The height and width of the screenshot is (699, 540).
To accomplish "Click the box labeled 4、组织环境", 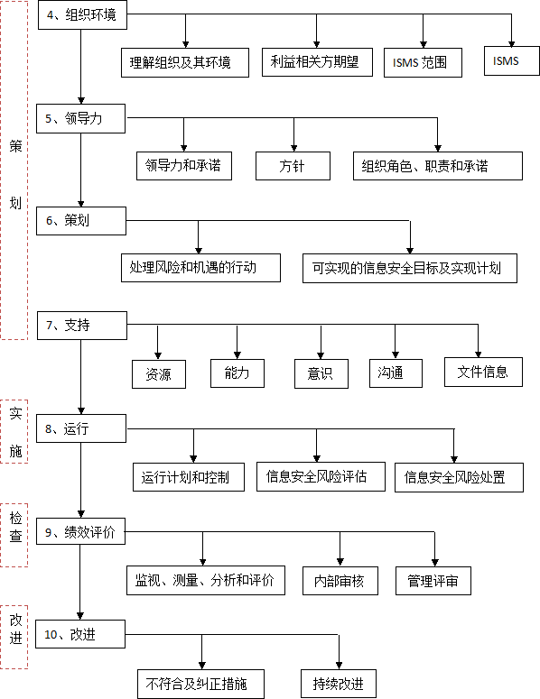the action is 82,15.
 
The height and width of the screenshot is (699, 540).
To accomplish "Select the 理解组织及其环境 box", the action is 185,63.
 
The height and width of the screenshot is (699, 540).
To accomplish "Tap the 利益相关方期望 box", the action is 317,62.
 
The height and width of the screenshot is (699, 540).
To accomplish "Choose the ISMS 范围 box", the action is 423,63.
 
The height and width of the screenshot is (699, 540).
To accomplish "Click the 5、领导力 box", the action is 80,118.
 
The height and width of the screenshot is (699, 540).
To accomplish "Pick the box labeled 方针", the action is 293,166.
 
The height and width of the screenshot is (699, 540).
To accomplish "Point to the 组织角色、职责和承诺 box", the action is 438,166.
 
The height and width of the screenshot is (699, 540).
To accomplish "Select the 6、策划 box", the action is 81,221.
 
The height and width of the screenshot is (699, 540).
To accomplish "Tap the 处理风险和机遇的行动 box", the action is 200,268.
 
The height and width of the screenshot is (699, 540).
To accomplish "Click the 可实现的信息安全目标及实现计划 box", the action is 410,269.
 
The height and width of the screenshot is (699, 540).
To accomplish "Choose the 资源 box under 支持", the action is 159,374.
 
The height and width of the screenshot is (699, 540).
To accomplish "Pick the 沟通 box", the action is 396,373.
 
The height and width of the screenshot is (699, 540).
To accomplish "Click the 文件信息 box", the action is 483,372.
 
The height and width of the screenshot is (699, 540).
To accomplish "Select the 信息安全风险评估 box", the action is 321,476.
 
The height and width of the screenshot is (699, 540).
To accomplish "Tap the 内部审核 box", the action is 340,581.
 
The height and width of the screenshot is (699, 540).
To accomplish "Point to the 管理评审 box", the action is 433,581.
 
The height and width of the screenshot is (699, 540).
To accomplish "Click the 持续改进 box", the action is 339,684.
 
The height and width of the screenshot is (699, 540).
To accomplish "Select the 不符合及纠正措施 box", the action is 200,684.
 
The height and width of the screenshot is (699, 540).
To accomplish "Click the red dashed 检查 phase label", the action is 14,535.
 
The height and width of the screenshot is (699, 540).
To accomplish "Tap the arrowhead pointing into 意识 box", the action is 321,355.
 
